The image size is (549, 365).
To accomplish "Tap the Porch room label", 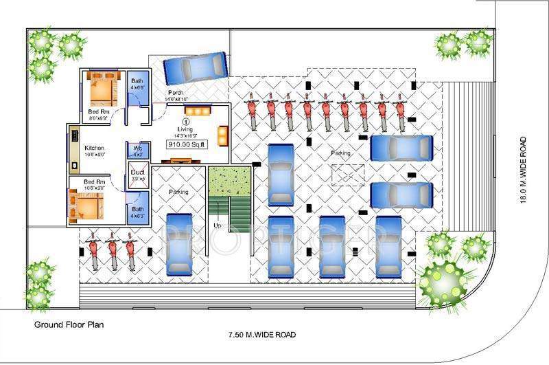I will click(175, 93).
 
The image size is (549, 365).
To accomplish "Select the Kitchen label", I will click(94, 148).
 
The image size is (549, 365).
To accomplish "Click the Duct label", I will click(137, 173).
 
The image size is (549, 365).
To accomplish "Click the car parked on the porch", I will click(195, 67).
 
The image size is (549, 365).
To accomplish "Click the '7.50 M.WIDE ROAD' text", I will click(261, 335).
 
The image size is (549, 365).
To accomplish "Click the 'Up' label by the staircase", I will click(218, 225).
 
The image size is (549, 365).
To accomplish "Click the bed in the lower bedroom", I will click(84, 204).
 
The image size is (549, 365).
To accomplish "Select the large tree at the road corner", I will click(441, 279).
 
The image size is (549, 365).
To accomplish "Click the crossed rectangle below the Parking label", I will click(347, 176).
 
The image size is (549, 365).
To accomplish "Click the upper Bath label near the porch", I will click(137, 80).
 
